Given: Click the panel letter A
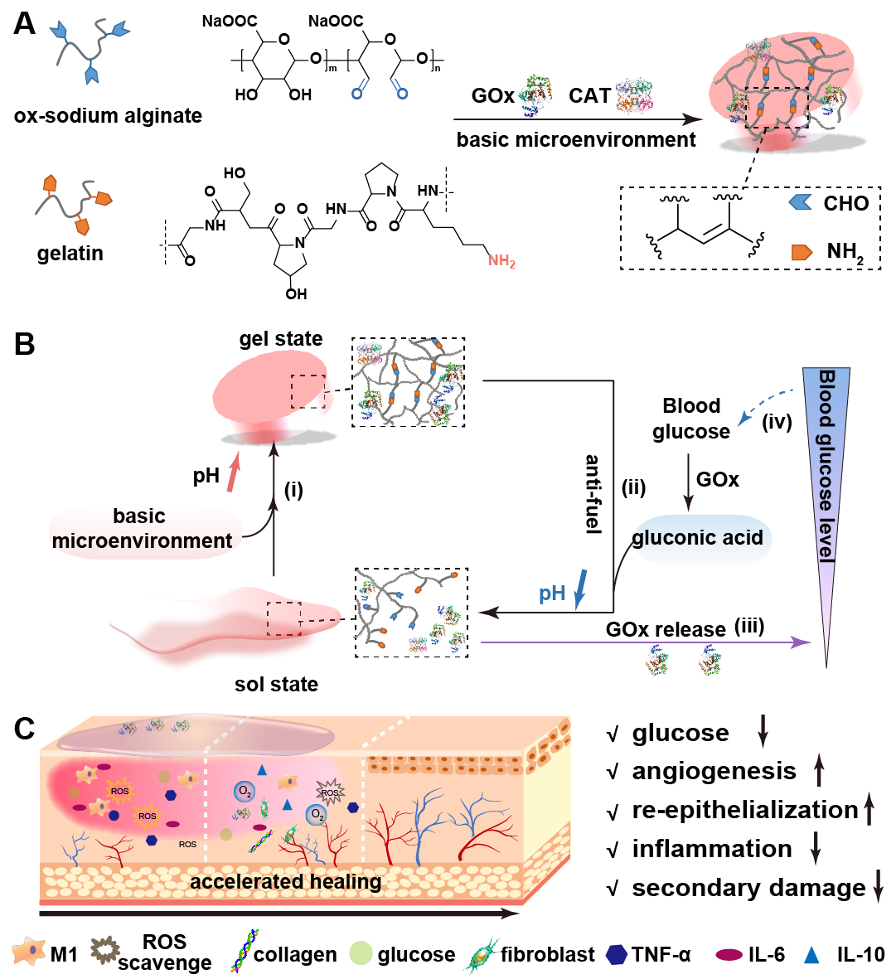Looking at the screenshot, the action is click(x=25, y=24).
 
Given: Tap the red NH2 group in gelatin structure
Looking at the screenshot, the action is click(x=501, y=260).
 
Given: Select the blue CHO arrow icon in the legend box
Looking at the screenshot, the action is click(x=800, y=202).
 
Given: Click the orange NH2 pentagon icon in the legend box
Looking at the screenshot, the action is click(x=802, y=252).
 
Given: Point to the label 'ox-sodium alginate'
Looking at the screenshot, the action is click(x=108, y=116).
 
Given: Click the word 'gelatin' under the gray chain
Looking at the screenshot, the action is click(x=70, y=254).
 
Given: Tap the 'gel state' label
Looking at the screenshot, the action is click(x=281, y=338).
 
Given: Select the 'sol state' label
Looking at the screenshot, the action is click(x=277, y=684).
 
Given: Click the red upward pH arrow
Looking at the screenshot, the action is click(x=233, y=473).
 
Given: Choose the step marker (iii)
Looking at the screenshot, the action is click(x=749, y=626).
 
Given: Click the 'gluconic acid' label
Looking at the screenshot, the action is click(x=697, y=537).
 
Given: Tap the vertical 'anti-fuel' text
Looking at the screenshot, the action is click(x=593, y=494).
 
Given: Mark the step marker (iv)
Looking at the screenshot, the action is click(x=777, y=423).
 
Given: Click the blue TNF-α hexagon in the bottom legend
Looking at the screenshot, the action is click(x=617, y=954).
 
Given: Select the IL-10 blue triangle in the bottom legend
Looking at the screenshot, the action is click(x=811, y=955).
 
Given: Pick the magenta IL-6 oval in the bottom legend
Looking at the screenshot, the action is click(x=729, y=955).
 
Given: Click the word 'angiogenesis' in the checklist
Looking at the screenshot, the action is click(x=714, y=772).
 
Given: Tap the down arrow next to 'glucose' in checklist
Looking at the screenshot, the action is click(x=763, y=732).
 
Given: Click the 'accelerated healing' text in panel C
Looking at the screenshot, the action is click(x=286, y=882).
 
